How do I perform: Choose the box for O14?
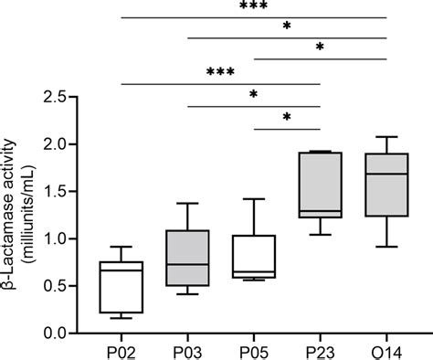386,185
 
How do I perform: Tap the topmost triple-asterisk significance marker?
253,7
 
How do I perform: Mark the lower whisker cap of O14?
386,247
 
